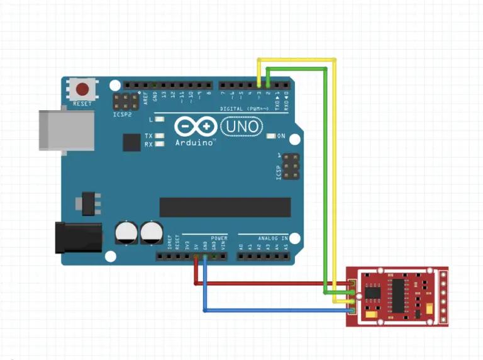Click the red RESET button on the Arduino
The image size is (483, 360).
[x=82, y=88]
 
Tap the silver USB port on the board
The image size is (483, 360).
[x=62, y=130]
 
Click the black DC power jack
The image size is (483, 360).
[x=78, y=237]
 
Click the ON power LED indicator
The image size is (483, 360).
[x=272, y=136]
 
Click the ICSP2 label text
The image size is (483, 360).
[x=122, y=115]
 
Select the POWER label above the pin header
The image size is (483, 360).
[x=219, y=238]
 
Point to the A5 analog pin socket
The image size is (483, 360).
[x=286, y=256]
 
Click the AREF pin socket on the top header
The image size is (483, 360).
[x=146, y=84]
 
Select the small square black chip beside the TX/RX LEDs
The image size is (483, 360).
[x=131, y=142]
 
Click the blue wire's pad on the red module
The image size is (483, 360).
[x=353, y=310]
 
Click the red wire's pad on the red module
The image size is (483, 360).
[x=353, y=284]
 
